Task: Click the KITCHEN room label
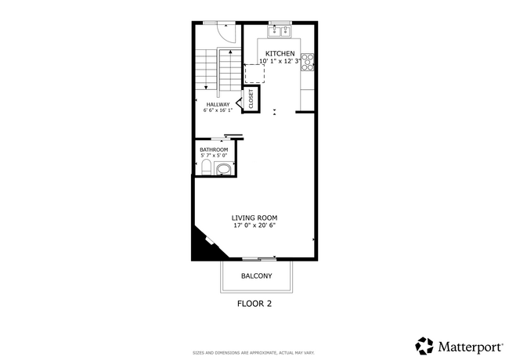[x=280, y=53]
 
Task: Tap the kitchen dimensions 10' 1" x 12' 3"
[x=280, y=61]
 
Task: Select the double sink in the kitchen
[x=280, y=31]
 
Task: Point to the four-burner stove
[x=309, y=62]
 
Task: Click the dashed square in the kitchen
[x=255, y=74]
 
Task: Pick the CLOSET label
[x=251, y=100]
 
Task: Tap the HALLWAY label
[x=218, y=104]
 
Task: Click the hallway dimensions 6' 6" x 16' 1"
[x=218, y=111]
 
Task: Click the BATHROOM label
[x=214, y=149]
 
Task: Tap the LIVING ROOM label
[x=254, y=218]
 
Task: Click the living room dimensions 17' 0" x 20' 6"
[x=254, y=225]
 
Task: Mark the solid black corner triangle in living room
[x=202, y=247]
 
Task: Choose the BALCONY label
[x=256, y=275]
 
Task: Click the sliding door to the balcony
[x=258, y=258]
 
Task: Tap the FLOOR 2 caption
[x=254, y=303]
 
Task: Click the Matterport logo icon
[x=424, y=345]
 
